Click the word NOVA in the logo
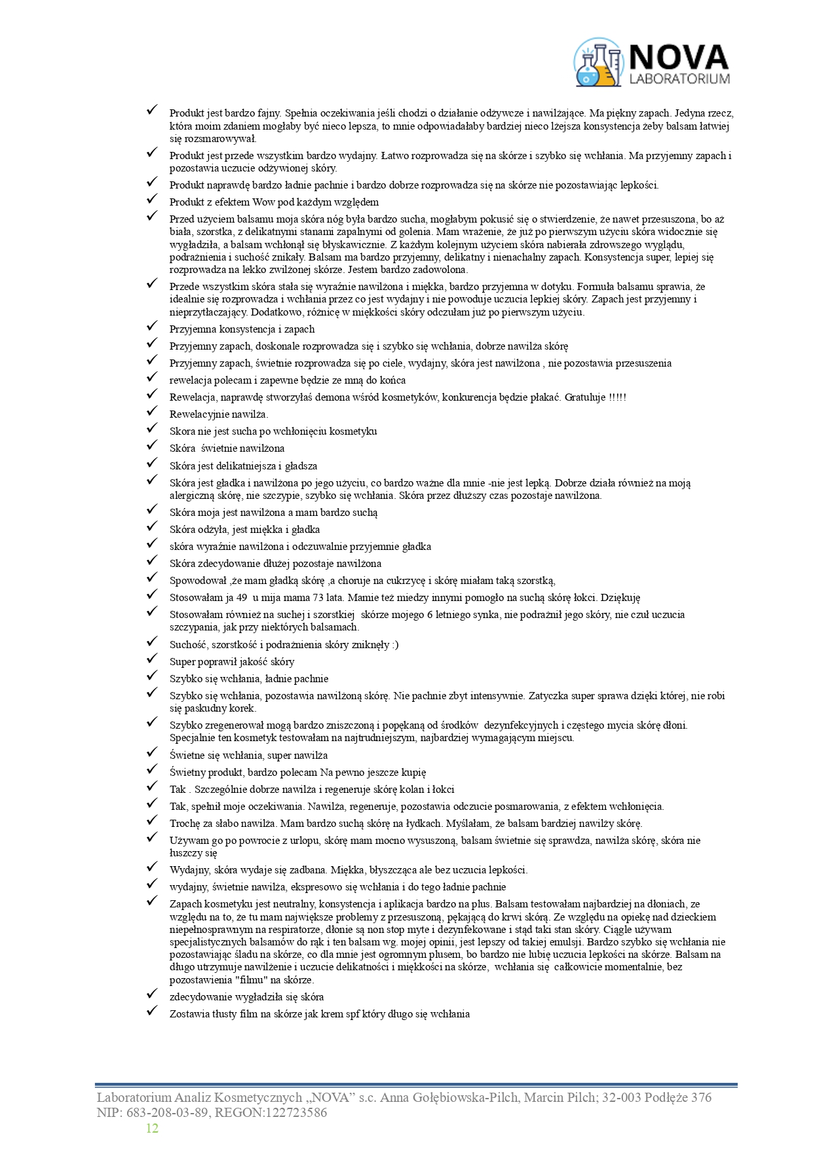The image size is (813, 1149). pos(679,57)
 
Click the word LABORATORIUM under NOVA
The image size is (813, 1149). pos(679,79)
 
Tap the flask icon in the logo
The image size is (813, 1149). pos(597,64)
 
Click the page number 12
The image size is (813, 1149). pos(152,1127)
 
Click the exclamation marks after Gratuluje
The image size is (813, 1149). pos(618,397)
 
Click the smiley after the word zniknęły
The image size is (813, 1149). pos(394,645)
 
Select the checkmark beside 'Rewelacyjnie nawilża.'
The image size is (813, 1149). pos(152,411)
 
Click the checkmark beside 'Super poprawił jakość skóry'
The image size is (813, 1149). pos(152,659)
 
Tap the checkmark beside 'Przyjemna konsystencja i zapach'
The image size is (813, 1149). pos(152,326)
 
